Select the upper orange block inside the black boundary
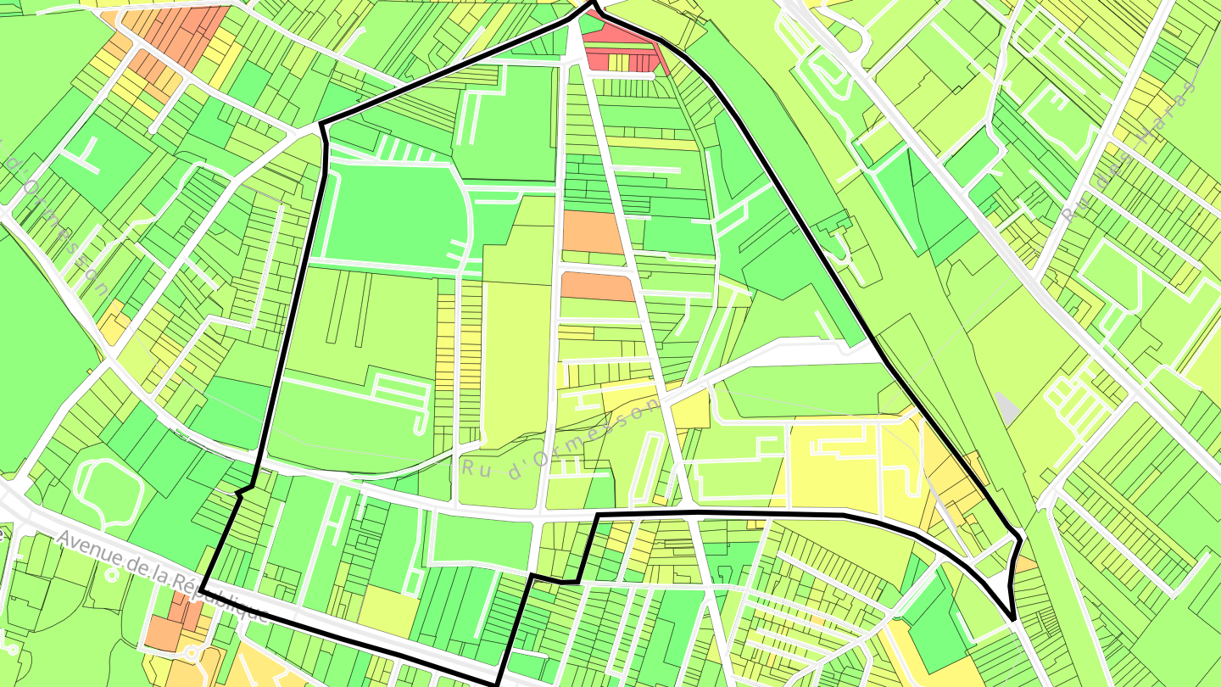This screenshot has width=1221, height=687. [593, 232]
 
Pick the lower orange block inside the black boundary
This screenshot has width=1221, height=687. [597, 286]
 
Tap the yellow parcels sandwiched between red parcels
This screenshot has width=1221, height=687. [620, 62]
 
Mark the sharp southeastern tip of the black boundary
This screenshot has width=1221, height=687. [1012, 618]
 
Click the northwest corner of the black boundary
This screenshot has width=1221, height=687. [321, 126]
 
